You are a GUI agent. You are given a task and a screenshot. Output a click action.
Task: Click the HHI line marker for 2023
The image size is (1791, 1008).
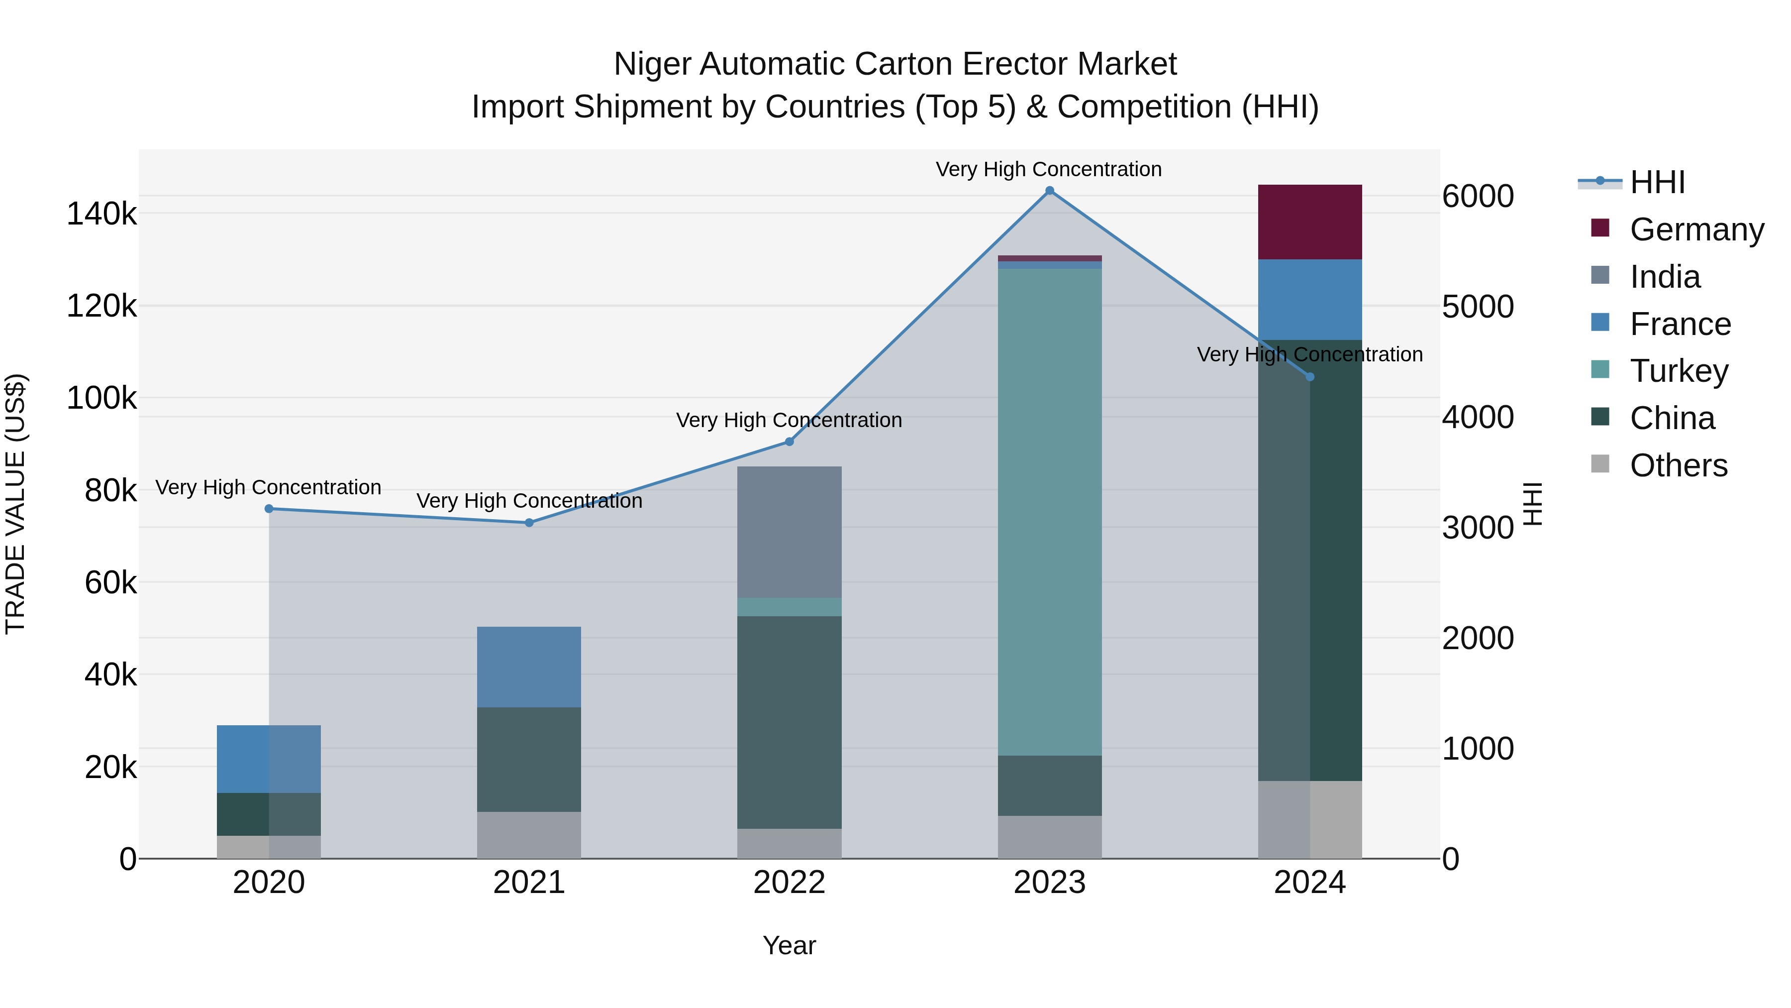pos(1049,191)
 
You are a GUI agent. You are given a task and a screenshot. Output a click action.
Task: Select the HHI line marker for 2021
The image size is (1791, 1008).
pos(529,523)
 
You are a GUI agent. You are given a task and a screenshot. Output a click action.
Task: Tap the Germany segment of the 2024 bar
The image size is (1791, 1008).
pos(1310,223)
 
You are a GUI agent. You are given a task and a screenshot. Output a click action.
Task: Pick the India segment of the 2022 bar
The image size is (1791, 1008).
pos(789,532)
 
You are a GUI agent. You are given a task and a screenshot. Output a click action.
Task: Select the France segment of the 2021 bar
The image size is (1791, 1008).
pos(529,667)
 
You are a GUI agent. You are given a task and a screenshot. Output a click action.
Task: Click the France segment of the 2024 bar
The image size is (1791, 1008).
pos(1310,300)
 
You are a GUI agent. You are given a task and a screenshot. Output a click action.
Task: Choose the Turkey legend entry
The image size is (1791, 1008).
pos(1679,371)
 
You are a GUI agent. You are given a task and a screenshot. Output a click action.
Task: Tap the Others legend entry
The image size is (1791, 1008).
pos(1679,465)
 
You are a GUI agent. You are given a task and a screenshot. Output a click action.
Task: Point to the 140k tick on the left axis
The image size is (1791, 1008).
pos(101,214)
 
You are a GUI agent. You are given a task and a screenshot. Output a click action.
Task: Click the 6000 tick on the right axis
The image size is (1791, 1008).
pos(1478,196)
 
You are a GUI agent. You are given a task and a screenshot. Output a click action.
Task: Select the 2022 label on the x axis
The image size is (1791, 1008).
pos(789,883)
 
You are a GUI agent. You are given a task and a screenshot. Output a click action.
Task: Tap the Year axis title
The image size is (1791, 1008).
pos(789,945)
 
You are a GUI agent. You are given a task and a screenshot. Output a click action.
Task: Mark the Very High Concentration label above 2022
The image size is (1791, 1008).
pos(789,420)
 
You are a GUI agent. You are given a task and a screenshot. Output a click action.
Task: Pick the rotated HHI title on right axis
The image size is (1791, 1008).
pos(1532,504)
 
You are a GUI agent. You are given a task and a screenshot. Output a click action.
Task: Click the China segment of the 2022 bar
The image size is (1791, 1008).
pos(789,722)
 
